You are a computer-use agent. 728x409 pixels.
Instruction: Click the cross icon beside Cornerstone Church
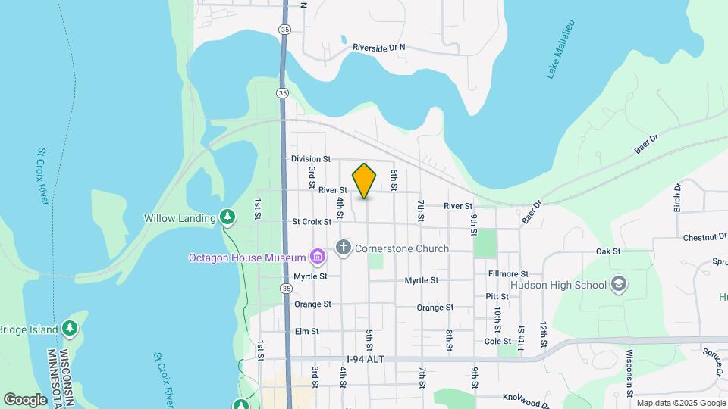(x=344, y=248)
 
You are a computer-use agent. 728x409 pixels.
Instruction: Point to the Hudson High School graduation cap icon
(x=619, y=285)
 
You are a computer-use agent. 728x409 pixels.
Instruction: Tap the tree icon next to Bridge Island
(x=70, y=328)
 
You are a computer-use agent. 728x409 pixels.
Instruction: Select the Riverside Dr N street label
(x=379, y=48)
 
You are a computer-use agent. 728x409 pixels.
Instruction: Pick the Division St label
(x=311, y=159)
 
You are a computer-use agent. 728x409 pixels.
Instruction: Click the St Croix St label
(x=311, y=222)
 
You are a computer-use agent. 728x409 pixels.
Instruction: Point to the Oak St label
(x=608, y=251)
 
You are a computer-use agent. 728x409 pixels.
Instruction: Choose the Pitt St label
(x=497, y=296)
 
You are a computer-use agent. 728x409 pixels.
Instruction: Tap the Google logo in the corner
(x=25, y=399)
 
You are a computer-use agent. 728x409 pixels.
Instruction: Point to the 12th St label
(x=544, y=333)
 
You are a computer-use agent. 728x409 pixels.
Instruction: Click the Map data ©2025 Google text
(x=680, y=402)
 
